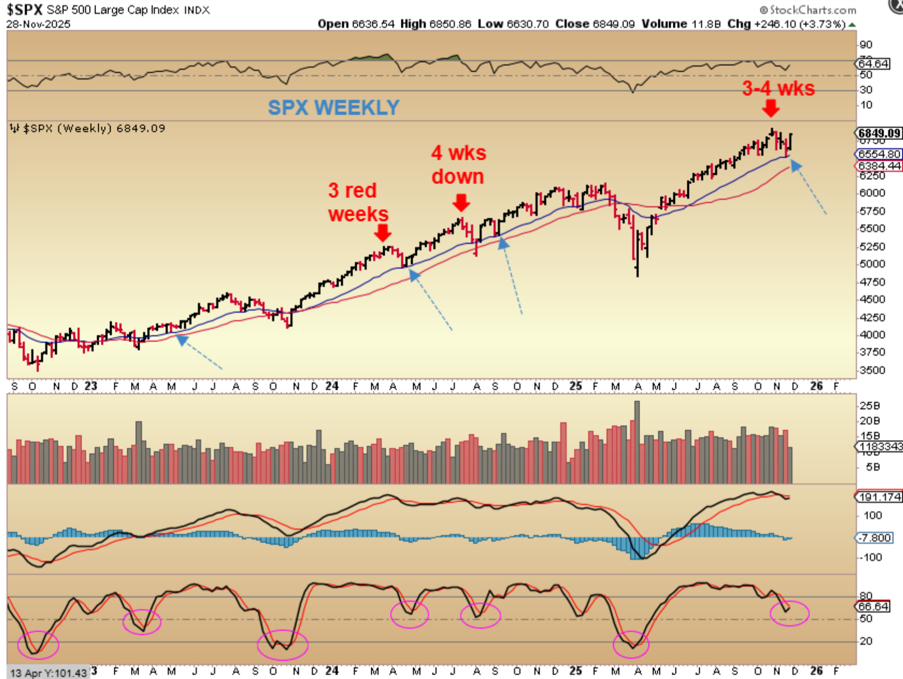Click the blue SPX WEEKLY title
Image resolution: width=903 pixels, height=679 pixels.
333,108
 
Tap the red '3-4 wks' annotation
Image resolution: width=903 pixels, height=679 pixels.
778,88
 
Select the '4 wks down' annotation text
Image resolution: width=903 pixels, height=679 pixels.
458,165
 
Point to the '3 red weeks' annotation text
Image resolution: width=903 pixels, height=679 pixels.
357,202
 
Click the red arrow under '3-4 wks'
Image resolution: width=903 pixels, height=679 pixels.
771,109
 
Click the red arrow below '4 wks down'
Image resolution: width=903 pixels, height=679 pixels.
461,203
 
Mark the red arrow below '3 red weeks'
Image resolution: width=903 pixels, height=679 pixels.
383,233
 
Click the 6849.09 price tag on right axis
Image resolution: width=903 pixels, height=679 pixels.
879,133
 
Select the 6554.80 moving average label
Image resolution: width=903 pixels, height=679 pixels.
879,154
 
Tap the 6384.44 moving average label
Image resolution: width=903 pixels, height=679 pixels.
879,166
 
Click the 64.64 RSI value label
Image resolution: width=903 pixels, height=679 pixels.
873,64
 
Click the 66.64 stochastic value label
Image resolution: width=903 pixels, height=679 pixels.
873,607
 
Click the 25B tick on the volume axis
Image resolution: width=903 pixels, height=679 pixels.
869,405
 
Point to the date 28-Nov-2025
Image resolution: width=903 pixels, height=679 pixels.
38,24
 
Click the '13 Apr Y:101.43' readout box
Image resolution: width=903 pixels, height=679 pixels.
48,673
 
